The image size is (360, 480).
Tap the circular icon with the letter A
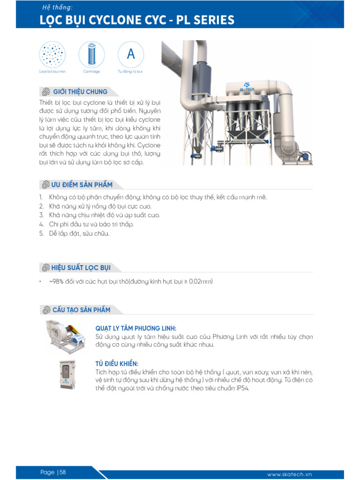coord(131,54)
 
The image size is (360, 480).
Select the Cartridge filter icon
coord(91,54)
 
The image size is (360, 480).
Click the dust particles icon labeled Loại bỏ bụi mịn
coord(52,54)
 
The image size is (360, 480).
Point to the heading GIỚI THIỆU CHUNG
coord(80,92)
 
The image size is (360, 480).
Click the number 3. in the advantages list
coord(41,215)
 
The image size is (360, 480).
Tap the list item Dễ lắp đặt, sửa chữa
coord(79,233)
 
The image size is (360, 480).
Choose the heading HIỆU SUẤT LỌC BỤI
coord(81,268)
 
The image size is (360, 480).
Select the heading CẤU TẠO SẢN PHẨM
coord(81,310)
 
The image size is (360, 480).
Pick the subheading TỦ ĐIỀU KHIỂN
coord(117,364)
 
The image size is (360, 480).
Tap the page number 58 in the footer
coord(62,472)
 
